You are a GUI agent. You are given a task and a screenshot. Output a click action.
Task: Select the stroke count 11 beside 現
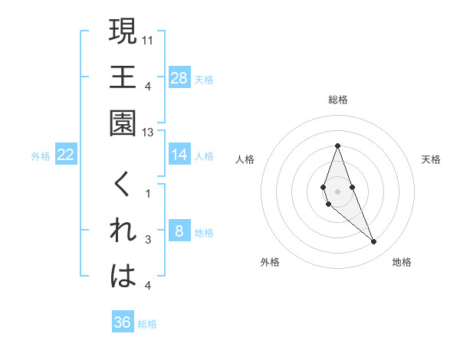pos(148,39)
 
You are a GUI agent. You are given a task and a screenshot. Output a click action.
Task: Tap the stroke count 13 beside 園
pos(148,133)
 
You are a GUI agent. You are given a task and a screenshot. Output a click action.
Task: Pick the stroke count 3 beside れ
pos(148,240)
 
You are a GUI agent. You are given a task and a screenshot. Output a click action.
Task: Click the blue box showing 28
pos(179,77)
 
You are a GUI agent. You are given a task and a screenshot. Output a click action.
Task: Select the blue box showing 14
pos(179,155)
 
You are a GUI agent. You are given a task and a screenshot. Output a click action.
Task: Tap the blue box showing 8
pos(179,231)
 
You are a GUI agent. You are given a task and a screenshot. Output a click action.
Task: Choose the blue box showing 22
pos(66,155)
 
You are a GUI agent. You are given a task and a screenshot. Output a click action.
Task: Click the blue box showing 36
pos(123,322)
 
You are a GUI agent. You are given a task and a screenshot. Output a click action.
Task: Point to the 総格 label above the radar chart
pos(338,100)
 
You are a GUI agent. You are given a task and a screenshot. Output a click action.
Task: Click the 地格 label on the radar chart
pos(402,262)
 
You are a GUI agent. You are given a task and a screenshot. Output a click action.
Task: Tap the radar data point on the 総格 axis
pos(337,146)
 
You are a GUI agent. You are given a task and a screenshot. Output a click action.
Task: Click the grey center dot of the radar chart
pos(337,191)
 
